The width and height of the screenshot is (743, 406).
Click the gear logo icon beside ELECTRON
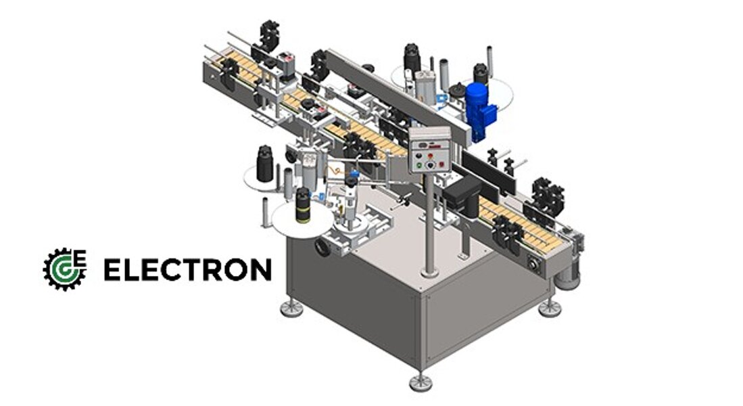(64, 269)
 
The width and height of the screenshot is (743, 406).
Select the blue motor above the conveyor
(479, 112)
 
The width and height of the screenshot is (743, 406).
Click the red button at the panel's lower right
(443, 164)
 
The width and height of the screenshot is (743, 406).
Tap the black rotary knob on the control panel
(430, 165)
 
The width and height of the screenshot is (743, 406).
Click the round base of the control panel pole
(429, 273)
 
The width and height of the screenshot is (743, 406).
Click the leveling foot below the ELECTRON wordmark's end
(292, 309)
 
